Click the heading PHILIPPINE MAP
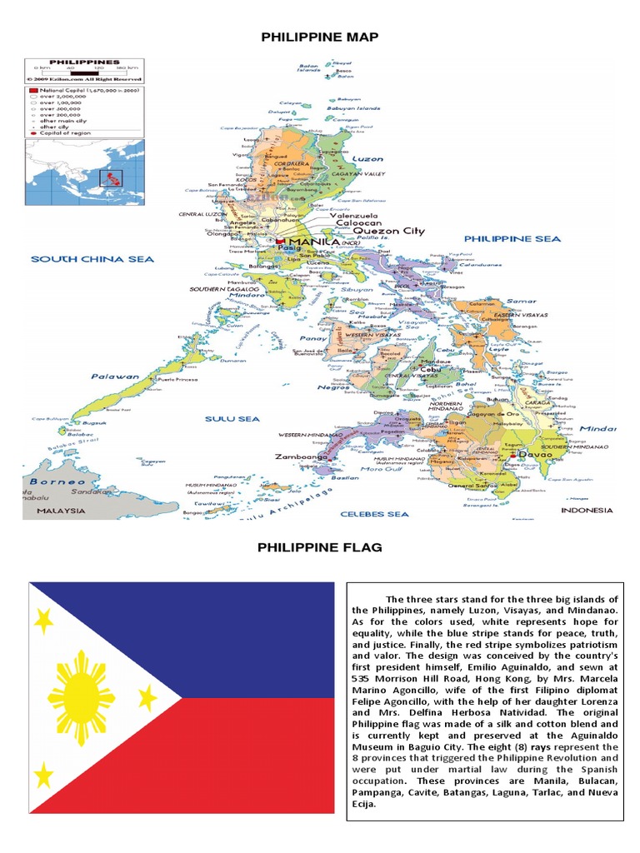[x=320, y=37]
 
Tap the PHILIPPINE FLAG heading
[x=320, y=547]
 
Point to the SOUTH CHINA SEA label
[x=92, y=259]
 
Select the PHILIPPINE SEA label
[x=512, y=239]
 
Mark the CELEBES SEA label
[x=373, y=514]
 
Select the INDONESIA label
[x=587, y=510]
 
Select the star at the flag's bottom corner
[x=43, y=777]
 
